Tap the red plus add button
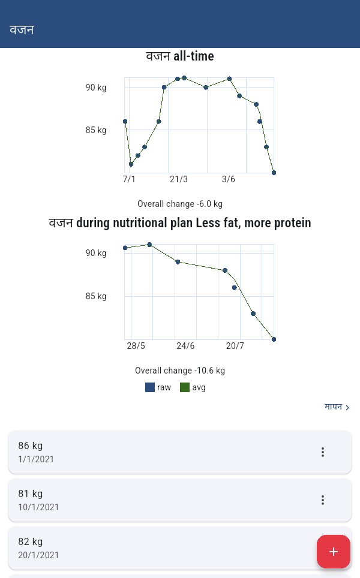pos(334,552)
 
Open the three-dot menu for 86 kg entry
pos(323,452)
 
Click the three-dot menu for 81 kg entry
pos(323,500)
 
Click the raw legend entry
pos(158,387)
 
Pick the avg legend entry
pos(193,387)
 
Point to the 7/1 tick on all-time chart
pos(129,179)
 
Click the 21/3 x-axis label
pos(178,179)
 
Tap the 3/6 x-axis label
pos(228,179)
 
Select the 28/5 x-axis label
pos(136,346)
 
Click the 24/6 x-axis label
pos(185,346)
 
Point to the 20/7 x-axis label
pos(235,346)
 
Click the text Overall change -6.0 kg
pos(180,204)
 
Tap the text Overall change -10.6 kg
pos(180,371)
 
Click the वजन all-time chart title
pos(180,57)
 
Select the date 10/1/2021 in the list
pos(38,507)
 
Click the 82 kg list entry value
pos(31,542)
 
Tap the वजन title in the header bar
pos(22,29)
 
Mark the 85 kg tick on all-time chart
pos(96,130)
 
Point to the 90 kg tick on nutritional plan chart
pos(96,253)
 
